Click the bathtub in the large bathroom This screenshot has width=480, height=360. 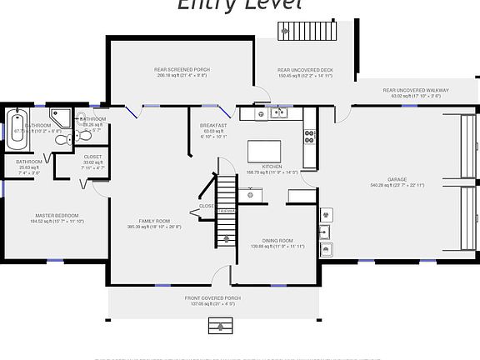click(x=17, y=129)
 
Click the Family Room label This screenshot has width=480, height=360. click(x=154, y=221)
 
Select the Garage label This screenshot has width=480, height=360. click(x=397, y=179)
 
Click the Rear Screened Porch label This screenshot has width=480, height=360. click(x=181, y=70)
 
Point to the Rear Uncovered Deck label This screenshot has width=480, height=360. click(x=305, y=70)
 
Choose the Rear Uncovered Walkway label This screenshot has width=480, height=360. click(x=416, y=90)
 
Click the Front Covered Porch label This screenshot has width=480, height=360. click(x=212, y=297)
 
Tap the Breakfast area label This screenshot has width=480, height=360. click(x=214, y=125)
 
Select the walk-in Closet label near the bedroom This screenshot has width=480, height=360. click(x=93, y=156)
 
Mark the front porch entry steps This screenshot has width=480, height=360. click(x=219, y=323)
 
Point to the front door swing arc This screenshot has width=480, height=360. click(x=220, y=276)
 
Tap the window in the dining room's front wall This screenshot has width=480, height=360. click(x=280, y=286)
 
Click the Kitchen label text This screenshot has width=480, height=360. click(x=272, y=167)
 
